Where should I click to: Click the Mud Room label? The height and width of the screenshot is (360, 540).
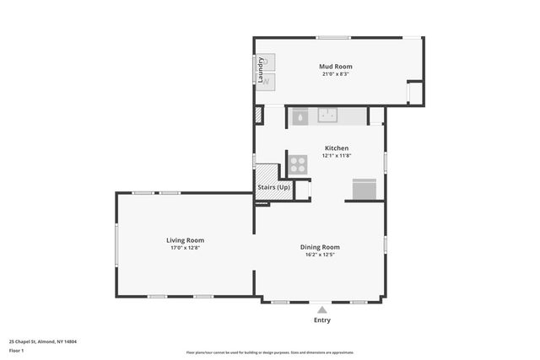tap(335, 67)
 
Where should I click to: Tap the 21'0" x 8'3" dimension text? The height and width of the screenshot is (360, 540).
tap(335, 74)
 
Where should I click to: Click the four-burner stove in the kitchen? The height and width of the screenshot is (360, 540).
tap(298, 164)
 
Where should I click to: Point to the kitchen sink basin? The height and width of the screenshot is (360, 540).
tap(327, 116)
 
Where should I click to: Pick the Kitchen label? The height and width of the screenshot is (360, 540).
tap(336, 148)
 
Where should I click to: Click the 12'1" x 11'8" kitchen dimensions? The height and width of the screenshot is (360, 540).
tap(336, 156)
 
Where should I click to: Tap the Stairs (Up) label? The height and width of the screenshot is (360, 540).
tap(273, 186)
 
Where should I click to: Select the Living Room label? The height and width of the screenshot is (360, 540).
tap(185, 240)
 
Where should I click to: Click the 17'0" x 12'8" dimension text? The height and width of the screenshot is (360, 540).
tap(185, 248)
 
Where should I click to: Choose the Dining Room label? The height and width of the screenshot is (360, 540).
tap(320, 247)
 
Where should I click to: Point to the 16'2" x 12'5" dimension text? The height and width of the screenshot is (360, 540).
tap(320, 255)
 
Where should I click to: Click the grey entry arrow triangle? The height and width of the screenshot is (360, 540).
tap(321, 309)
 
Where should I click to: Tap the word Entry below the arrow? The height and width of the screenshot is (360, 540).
tap(322, 320)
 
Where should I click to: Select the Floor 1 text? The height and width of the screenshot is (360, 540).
tap(17, 350)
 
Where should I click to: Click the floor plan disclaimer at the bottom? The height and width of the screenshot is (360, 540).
tap(270, 352)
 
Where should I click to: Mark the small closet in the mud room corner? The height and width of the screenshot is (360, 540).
tap(414, 92)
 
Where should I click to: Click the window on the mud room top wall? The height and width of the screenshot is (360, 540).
tap(333, 37)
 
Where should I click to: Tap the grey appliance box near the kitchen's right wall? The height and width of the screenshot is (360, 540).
tap(364, 190)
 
